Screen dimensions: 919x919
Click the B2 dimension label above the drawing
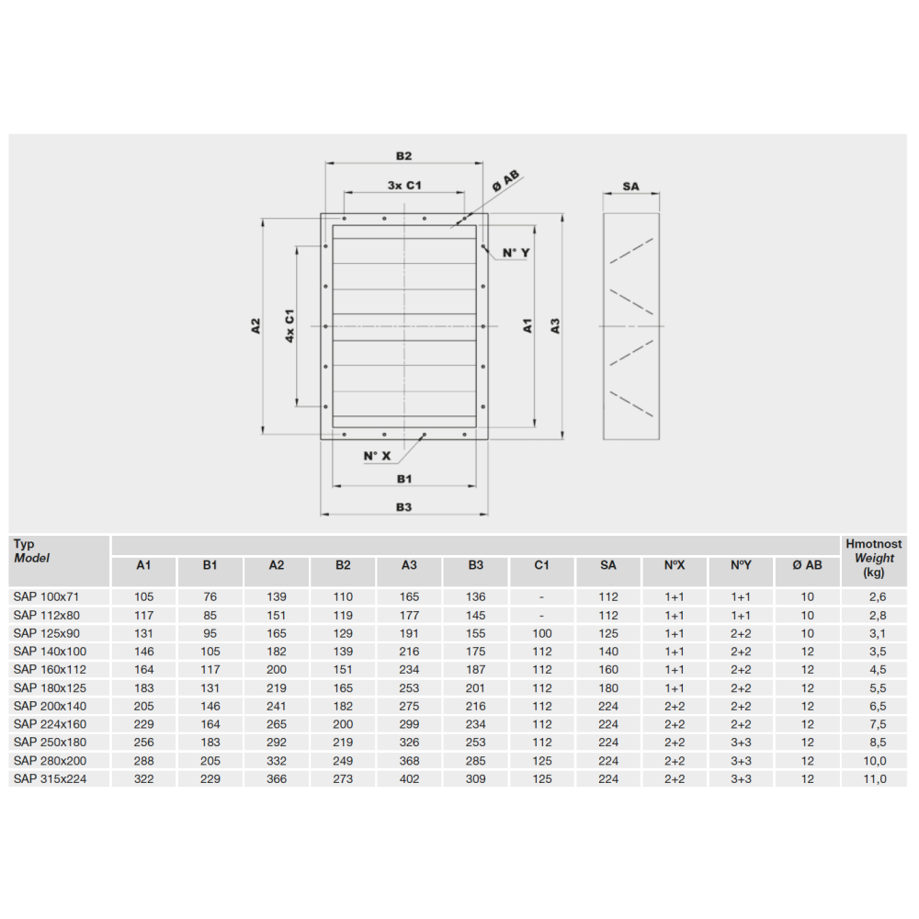tap(403, 156)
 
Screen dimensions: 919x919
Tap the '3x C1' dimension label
tap(404, 186)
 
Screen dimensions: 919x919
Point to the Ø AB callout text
tap(505, 181)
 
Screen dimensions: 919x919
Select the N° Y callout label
tap(516, 254)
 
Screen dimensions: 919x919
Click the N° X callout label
tap(377, 456)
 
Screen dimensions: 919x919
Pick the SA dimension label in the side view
tap(630, 187)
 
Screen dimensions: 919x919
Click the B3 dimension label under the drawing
tap(403, 507)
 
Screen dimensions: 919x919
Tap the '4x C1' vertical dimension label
tap(289, 326)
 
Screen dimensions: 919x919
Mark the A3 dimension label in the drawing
tap(555, 326)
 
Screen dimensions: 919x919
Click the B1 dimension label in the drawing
tap(404, 479)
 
